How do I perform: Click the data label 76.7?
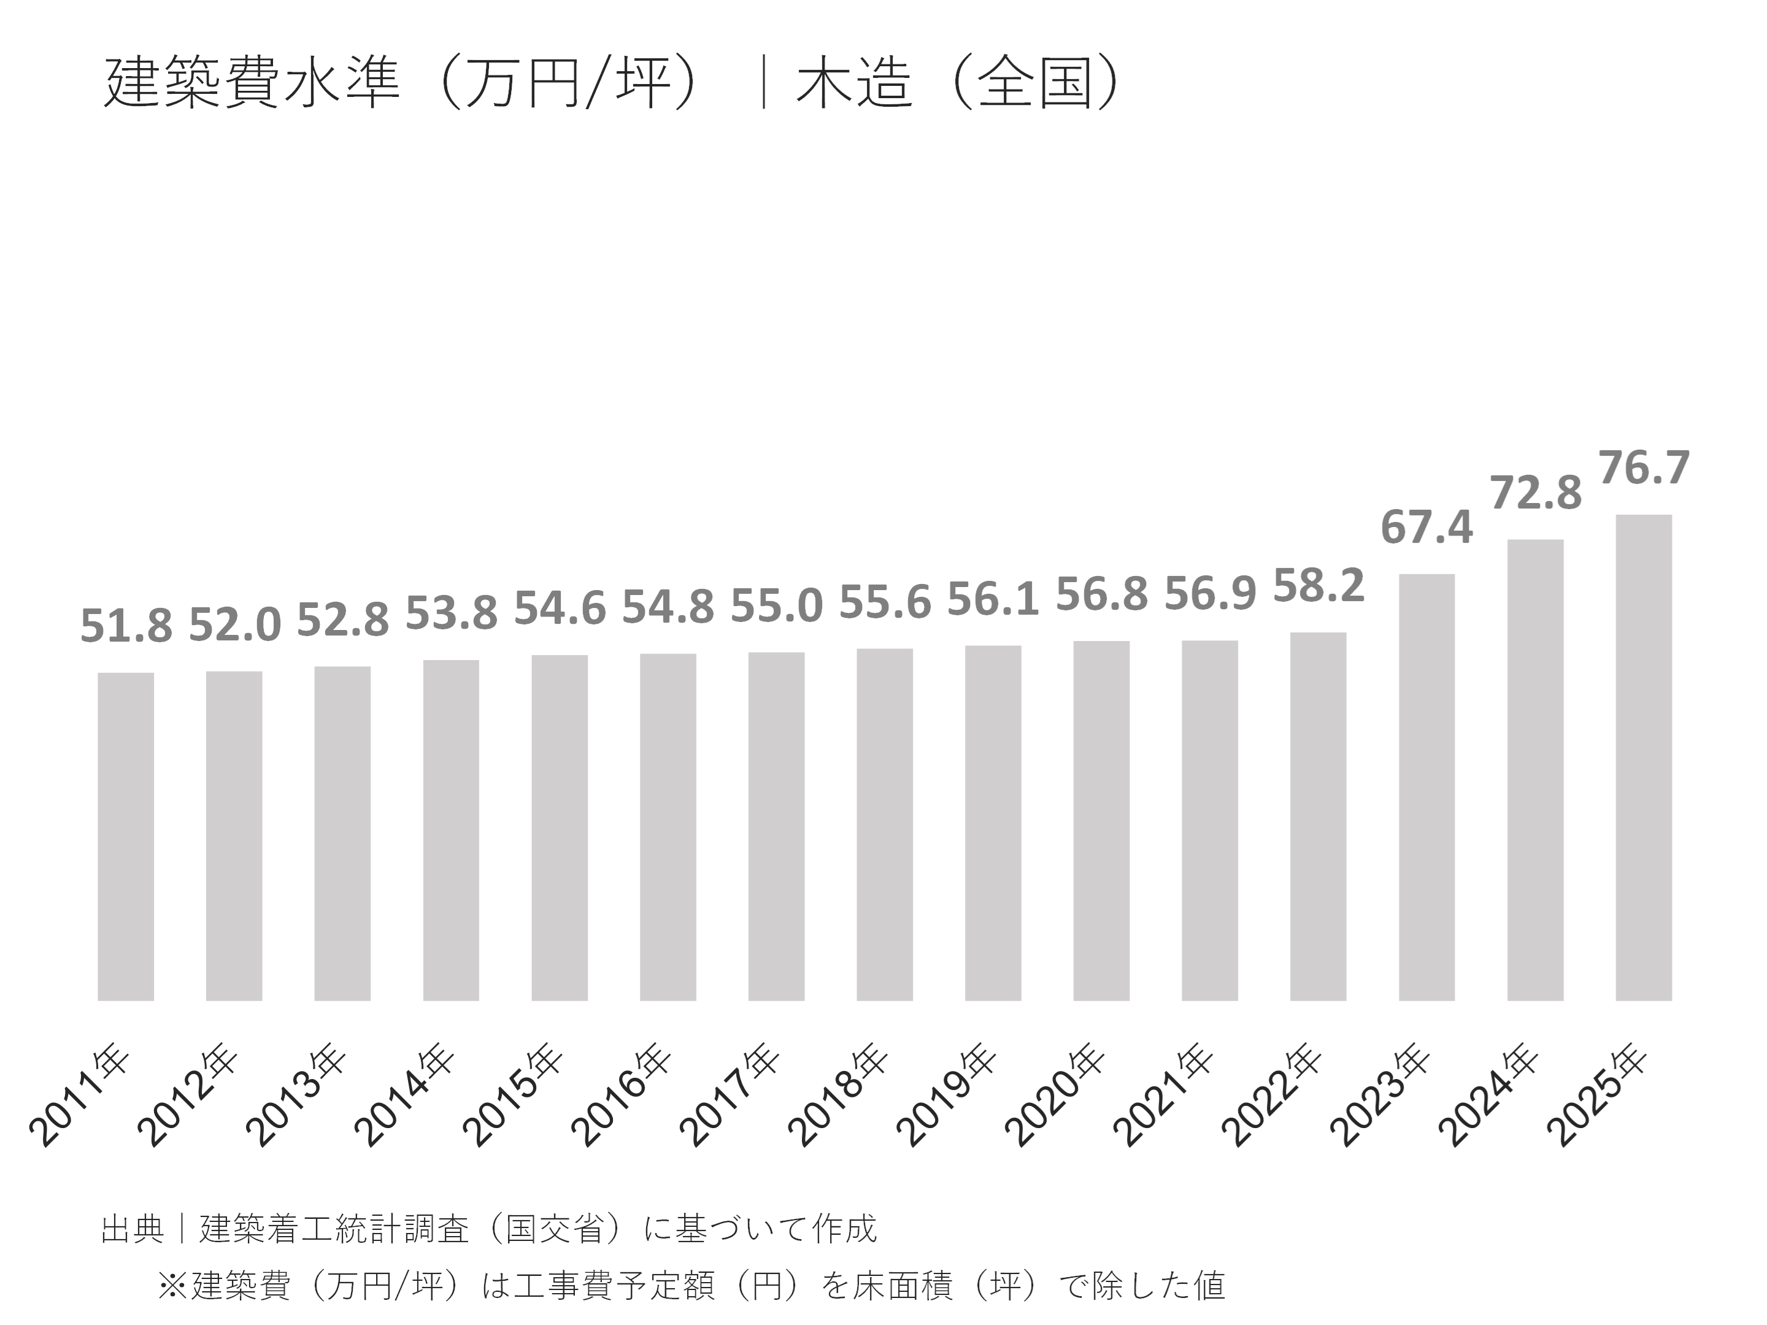pyautogui.click(x=1644, y=468)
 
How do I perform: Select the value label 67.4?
pyautogui.click(x=1426, y=528)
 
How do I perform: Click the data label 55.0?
pyautogui.click(x=777, y=606)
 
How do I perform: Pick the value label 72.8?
pyautogui.click(x=1535, y=494)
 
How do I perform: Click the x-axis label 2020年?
pyautogui.click(x=1055, y=1096)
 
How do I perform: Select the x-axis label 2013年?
pyautogui.click(x=296, y=1096)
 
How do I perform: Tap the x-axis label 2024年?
pyautogui.click(x=1487, y=1096)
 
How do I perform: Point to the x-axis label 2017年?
pyautogui.click(x=730, y=1096)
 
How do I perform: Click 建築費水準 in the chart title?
pyautogui.click(x=252, y=83)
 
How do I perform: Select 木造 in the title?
pyautogui.click(x=853, y=83)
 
